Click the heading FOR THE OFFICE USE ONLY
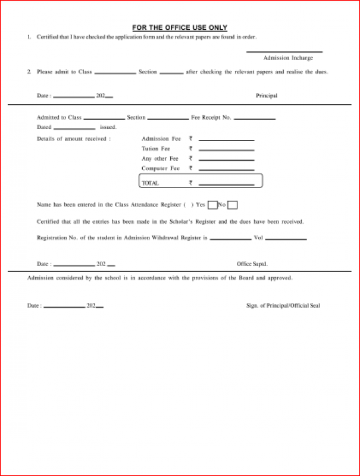[x=179, y=27]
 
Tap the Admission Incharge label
[x=288, y=58]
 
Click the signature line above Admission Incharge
[x=284, y=52]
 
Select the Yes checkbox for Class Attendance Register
[x=212, y=205]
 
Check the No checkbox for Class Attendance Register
[x=233, y=205]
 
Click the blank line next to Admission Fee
[x=226, y=140]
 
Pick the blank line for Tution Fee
[x=226, y=151]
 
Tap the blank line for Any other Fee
[x=226, y=161]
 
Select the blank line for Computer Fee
[x=226, y=171]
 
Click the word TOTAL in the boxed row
[x=150, y=183]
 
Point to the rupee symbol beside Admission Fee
[x=190, y=139]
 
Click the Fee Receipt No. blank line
[x=254, y=120]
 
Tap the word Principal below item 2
[x=267, y=96]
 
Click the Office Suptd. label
[x=252, y=264]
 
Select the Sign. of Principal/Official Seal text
[x=283, y=305]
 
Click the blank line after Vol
[x=285, y=240]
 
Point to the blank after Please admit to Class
[x=115, y=73]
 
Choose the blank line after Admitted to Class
[x=104, y=120]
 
